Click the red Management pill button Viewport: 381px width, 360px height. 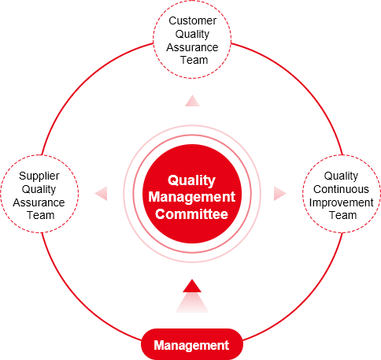(x=192, y=345)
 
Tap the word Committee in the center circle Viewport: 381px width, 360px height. (x=191, y=213)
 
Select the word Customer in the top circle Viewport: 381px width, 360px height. (x=192, y=20)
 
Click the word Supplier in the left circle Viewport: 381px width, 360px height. (x=39, y=176)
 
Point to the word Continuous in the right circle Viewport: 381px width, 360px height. (x=341, y=189)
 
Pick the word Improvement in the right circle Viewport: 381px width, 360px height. (x=341, y=202)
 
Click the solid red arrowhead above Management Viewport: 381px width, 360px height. (x=192, y=286)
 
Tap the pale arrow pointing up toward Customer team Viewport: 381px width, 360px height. (x=192, y=101)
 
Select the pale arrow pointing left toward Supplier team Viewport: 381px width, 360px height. (x=101, y=193)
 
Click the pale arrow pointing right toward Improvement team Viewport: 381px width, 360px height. (x=280, y=194)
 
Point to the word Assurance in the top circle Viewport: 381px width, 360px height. (x=192, y=47)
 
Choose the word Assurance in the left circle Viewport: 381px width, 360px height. (x=39, y=202)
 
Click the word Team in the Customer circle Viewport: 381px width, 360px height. (x=194, y=60)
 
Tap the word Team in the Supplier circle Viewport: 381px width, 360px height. (x=41, y=215)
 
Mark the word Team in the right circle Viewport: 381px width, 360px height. (x=343, y=215)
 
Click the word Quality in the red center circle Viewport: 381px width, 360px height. (x=191, y=180)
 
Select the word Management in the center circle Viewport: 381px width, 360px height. (x=192, y=197)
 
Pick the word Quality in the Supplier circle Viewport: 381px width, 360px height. (x=39, y=190)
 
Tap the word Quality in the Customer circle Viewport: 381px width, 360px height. (x=192, y=35)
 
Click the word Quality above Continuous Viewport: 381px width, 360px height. (x=341, y=176)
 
